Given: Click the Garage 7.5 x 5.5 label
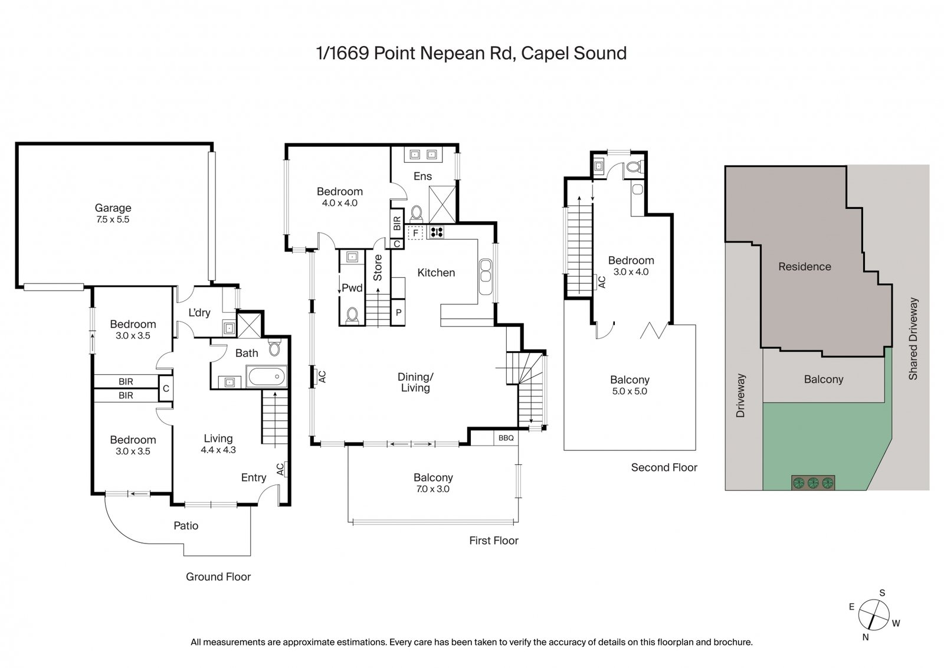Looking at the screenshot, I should pyautogui.click(x=113, y=213).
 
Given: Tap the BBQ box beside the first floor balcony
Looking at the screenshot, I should pyautogui.click(x=506, y=438).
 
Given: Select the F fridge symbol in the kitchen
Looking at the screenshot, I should pyautogui.click(x=415, y=233).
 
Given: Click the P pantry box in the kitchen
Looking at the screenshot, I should pyautogui.click(x=398, y=313).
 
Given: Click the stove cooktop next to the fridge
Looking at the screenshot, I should pyautogui.click(x=437, y=232).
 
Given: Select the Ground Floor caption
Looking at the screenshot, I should pyautogui.click(x=218, y=577).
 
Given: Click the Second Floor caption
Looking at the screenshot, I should pyautogui.click(x=664, y=467).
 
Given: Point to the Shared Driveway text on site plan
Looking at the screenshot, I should pyautogui.click(x=913, y=338).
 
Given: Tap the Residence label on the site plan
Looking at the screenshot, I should pyautogui.click(x=804, y=266).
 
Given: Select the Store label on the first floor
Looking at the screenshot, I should pyautogui.click(x=378, y=267).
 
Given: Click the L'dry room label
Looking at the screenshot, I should pyautogui.click(x=199, y=312).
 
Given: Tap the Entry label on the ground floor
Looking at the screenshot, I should pyautogui.click(x=253, y=477).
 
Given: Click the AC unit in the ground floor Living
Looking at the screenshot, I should pyautogui.click(x=281, y=469).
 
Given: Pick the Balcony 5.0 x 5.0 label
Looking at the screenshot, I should pyautogui.click(x=630, y=385).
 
